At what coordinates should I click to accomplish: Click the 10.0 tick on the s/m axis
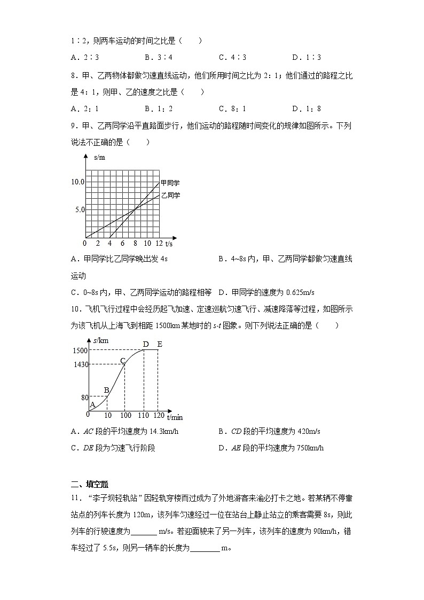coord(77,182)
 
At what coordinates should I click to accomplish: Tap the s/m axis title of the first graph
coord(99,158)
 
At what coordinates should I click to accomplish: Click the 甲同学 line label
coord(170,183)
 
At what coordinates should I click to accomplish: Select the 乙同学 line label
coord(170,196)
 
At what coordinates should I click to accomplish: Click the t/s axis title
coord(169,244)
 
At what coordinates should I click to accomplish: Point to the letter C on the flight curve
coord(122,361)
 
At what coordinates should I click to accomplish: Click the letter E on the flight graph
coord(159,344)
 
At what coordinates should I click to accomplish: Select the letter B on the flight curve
coord(106,390)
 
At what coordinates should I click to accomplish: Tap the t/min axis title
coord(175,417)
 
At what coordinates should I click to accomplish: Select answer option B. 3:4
coord(158,57)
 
